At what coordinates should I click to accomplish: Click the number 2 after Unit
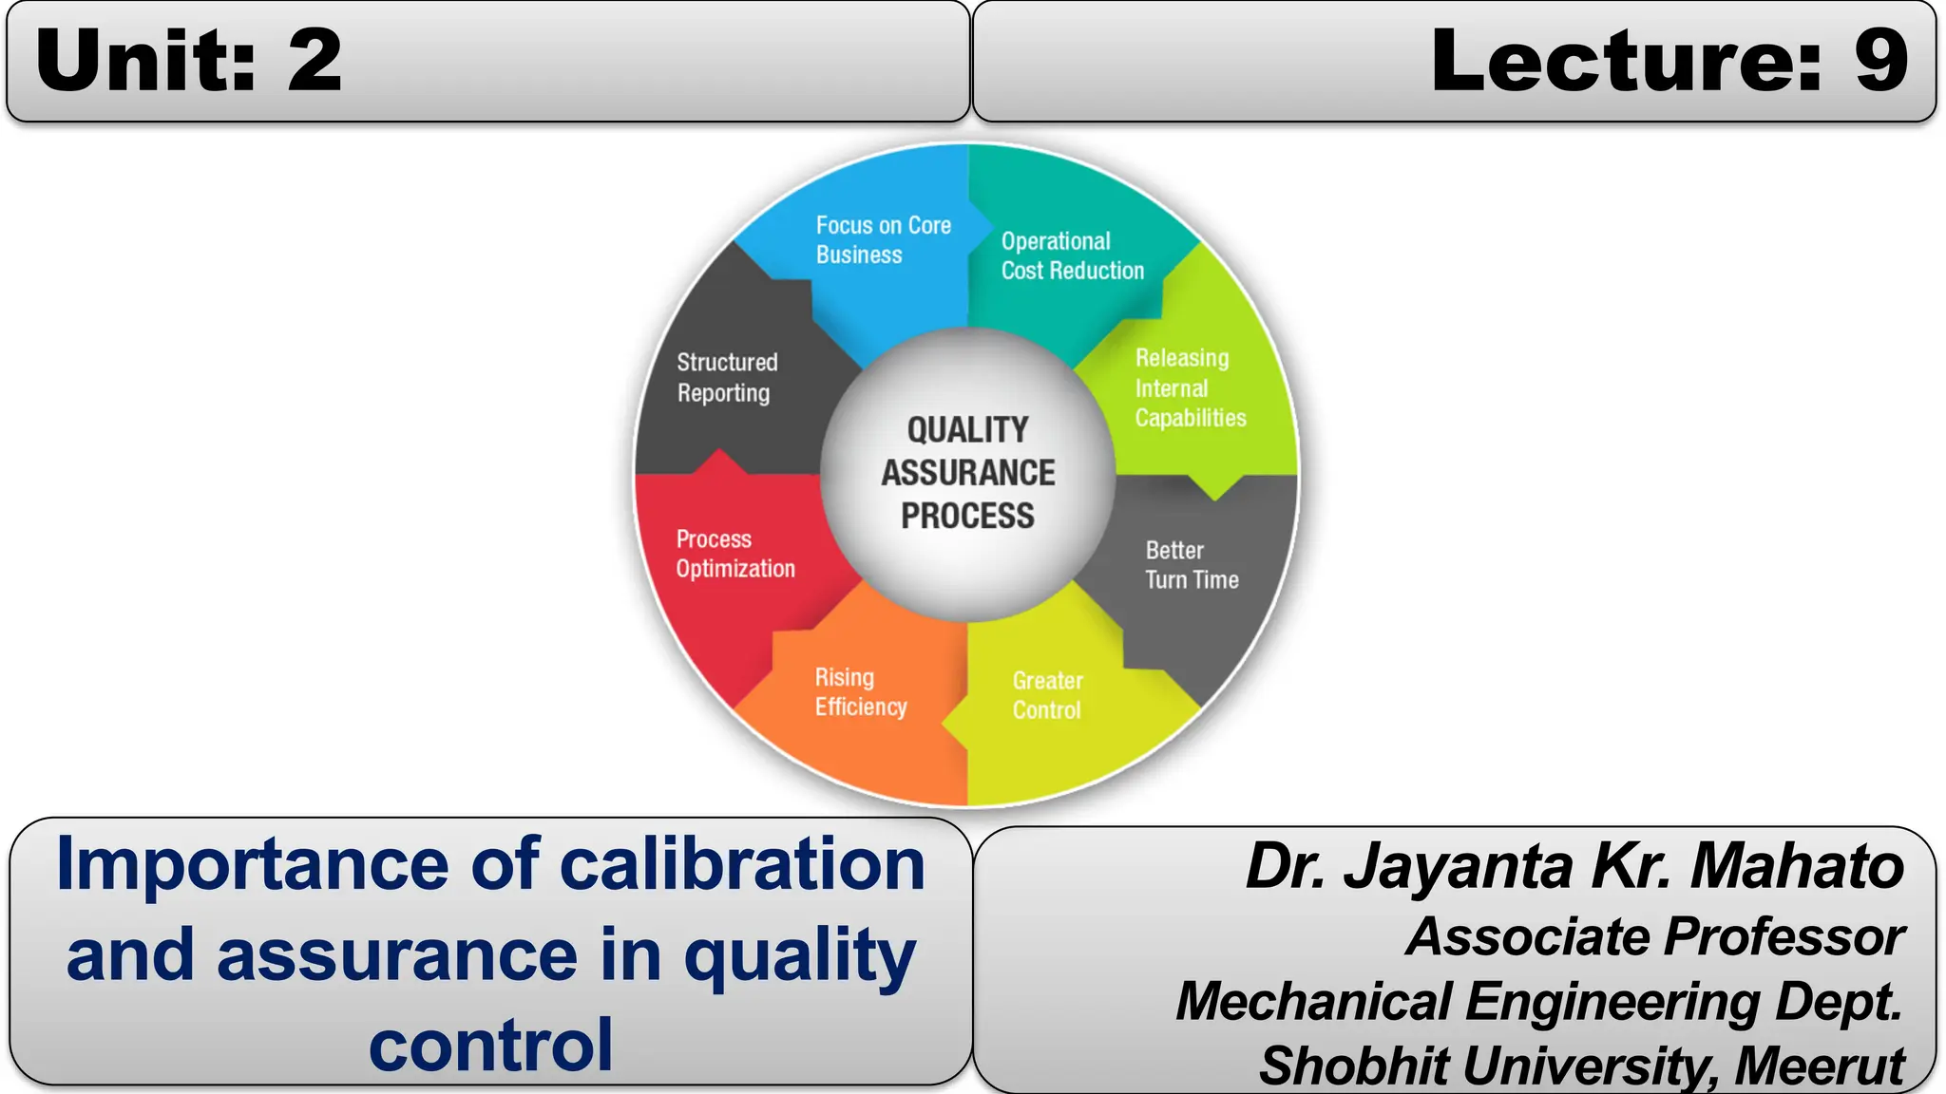point(315,61)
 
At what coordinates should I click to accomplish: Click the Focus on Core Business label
point(883,239)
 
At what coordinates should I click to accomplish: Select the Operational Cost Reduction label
point(1072,255)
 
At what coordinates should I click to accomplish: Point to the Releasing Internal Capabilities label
point(1190,387)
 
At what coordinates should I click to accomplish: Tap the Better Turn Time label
point(1192,565)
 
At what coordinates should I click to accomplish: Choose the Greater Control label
point(1047,695)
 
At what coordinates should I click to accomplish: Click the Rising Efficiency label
point(860,692)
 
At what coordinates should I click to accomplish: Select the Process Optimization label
point(735,554)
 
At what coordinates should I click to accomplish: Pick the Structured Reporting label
point(727,377)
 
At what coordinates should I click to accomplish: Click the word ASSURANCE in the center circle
point(967,473)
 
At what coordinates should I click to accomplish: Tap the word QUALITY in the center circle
point(967,429)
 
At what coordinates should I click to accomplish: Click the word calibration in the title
point(742,864)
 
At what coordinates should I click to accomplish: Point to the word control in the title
point(490,1045)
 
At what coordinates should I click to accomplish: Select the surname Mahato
point(1797,866)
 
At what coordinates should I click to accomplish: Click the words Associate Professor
point(1654,936)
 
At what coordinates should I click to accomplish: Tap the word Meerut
point(1819,1066)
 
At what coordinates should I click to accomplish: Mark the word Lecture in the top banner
point(1626,61)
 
